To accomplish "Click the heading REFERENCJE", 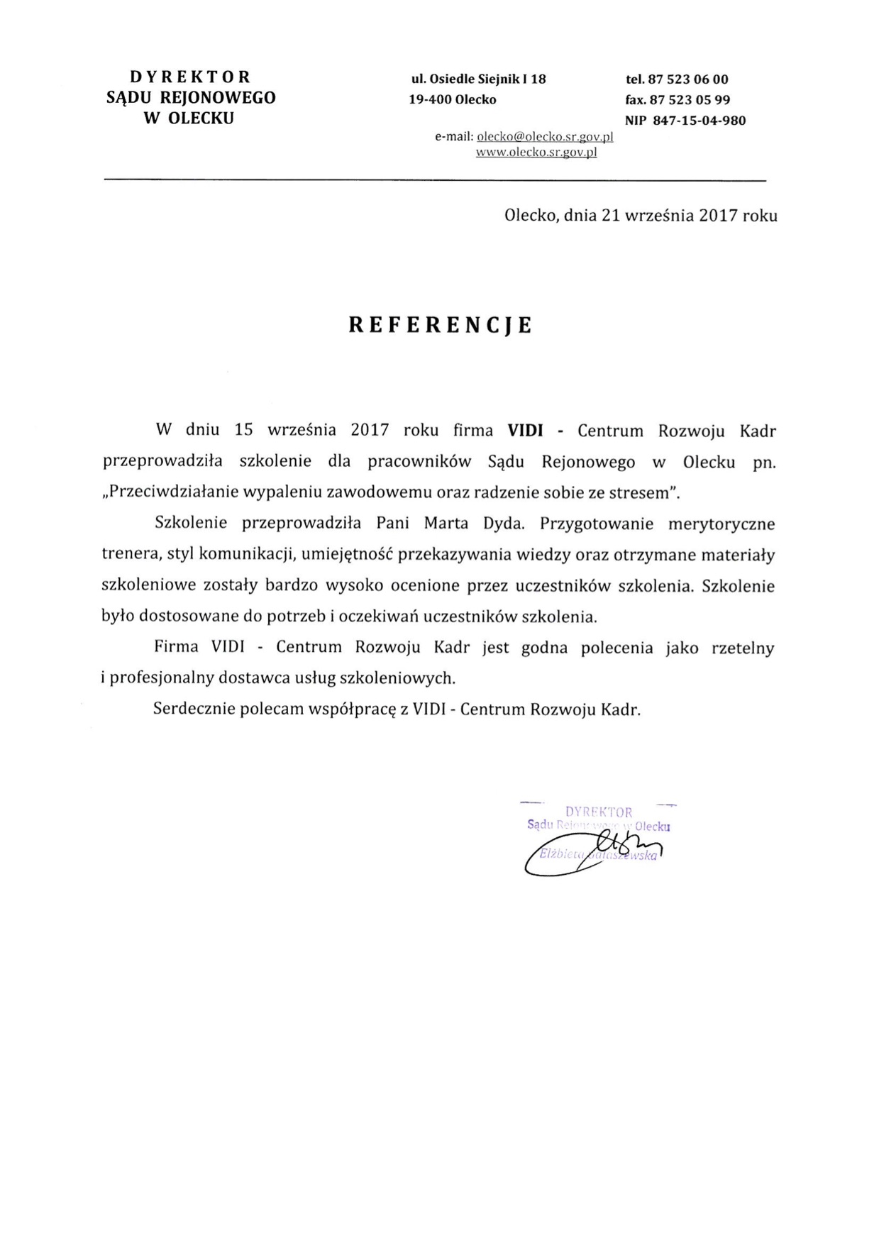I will coord(440,325).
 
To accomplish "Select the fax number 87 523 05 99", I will coord(690,100).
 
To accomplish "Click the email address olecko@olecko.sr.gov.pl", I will coord(545,137).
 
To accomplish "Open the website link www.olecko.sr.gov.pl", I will coord(536,152).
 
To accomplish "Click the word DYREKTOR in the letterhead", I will coord(190,77).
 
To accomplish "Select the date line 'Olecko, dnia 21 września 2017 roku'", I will coord(640,216).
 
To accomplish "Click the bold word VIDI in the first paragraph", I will coord(525,431).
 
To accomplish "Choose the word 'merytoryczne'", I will coord(722,524).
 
